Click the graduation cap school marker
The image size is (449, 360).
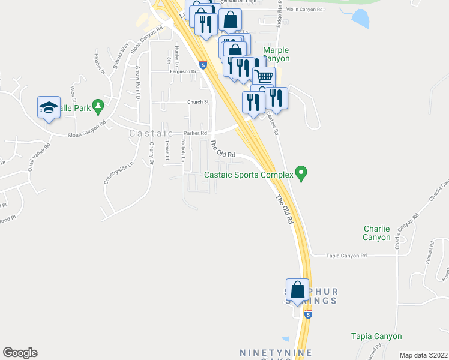point(49,107)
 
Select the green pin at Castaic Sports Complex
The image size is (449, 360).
point(302,175)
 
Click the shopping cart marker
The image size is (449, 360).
point(264,77)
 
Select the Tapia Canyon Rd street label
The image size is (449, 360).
point(346,256)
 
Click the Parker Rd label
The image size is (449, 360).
point(195,133)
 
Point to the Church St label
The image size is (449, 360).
point(197,102)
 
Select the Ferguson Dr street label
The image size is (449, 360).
point(184,71)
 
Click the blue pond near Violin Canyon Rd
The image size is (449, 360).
point(360,19)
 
